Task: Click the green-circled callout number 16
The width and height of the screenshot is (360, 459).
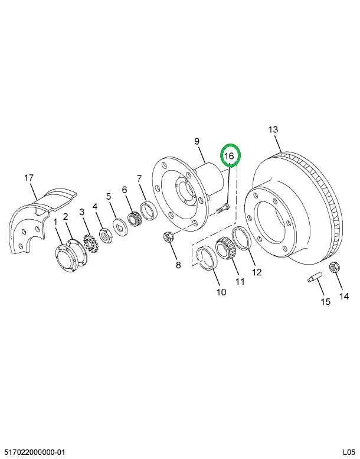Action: [230, 157]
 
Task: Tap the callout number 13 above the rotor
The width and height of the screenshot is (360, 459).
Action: [273, 130]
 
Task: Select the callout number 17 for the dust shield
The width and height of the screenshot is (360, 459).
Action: [30, 177]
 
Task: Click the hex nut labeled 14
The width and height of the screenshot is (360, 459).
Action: [332, 268]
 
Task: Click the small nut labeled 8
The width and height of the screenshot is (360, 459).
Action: [167, 238]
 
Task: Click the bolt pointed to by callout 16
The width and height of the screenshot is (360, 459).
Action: [222, 207]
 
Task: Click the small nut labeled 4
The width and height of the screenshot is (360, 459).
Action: [105, 236]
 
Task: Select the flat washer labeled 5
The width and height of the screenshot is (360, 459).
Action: [119, 227]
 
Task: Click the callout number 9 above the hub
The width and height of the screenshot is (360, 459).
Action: [197, 141]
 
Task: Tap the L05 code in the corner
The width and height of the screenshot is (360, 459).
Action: [349, 452]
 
